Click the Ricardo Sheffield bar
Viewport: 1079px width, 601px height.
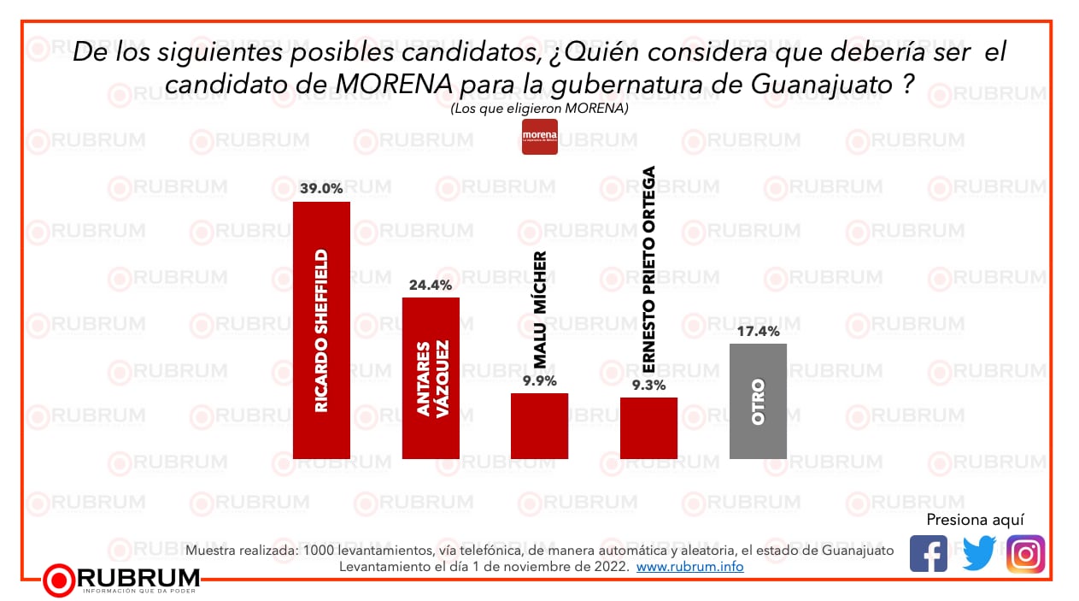[x=321, y=330]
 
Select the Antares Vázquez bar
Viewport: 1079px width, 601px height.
[x=431, y=378]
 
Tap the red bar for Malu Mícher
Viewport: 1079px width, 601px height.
[x=539, y=426]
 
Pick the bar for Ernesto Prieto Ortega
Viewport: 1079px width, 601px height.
[x=648, y=427]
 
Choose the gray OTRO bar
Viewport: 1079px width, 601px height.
[x=758, y=401]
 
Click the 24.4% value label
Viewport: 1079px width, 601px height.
[x=431, y=285]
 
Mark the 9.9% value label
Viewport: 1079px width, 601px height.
[x=539, y=380]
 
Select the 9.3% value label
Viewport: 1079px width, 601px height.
[x=648, y=385]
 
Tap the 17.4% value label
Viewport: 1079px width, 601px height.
[x=758, y=331]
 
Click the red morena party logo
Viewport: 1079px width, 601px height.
[x=540, y=137]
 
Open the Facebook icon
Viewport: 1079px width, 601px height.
[x=929, y=554]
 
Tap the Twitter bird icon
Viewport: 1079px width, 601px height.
[x=978, y=554]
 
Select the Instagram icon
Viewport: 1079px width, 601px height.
[x=1026, y=554]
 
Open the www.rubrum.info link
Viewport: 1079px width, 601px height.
[x=689, y=567]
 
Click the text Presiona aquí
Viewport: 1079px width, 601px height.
[x=975, y=520]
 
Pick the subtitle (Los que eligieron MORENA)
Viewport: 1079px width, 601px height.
[x=539, y=109]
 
